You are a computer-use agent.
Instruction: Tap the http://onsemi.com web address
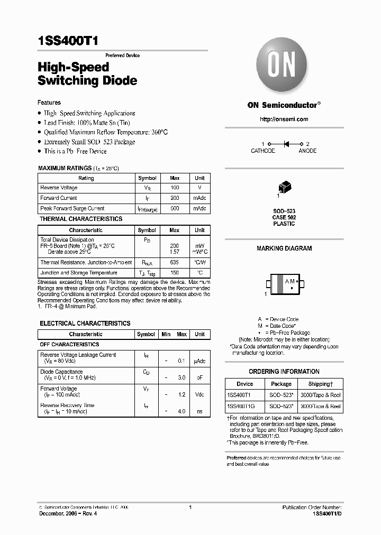(284, 119)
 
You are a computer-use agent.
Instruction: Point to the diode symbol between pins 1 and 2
(286, 144)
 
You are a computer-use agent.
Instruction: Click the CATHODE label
(263, 151)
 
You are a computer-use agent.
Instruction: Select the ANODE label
(307, 151)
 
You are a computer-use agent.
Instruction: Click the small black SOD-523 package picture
(284, 187)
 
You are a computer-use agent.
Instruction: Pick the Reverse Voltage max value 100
(175, 188)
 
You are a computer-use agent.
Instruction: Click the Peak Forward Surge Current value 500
(175, 208)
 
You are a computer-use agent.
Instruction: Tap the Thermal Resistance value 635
(175, 262)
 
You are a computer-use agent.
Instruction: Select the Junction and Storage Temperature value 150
(175, 273)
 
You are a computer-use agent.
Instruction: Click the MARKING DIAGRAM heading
(284, 248)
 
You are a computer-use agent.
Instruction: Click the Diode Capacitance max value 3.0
(182, 377)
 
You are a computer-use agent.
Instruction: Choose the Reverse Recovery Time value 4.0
(182, 411)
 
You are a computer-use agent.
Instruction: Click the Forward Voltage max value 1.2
(182, 394)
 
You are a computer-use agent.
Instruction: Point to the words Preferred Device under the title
(122, 56)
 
